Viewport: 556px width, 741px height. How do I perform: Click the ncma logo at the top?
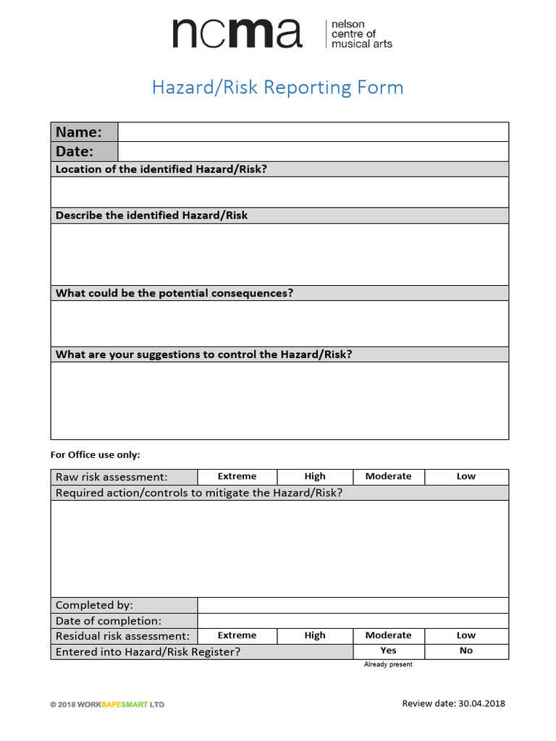282,34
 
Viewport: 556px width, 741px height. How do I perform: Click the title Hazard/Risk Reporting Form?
277,88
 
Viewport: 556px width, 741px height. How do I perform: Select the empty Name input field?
313,132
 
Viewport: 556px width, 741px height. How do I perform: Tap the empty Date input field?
313,151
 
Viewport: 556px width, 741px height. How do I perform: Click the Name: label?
79,132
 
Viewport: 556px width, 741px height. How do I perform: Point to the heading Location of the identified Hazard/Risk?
161,169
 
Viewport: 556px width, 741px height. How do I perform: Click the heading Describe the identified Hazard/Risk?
151,216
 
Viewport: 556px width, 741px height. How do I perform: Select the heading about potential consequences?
174,293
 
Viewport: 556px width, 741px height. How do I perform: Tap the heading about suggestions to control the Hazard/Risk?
203,355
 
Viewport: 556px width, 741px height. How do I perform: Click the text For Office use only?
95,455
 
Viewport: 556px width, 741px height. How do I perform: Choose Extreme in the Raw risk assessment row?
237,476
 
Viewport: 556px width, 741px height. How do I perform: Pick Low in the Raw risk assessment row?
466,476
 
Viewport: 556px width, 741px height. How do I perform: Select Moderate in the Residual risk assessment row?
388,635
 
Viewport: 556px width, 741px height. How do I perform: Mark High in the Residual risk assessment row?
315,635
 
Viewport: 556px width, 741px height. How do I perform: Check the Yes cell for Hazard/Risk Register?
388,651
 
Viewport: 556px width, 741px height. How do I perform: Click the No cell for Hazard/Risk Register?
466,651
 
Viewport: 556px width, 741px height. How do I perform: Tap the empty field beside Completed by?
353,605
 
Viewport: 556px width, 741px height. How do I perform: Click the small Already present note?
388,664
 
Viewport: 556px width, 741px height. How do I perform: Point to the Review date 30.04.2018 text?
453,703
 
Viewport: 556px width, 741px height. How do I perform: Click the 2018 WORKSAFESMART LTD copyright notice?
107,705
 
